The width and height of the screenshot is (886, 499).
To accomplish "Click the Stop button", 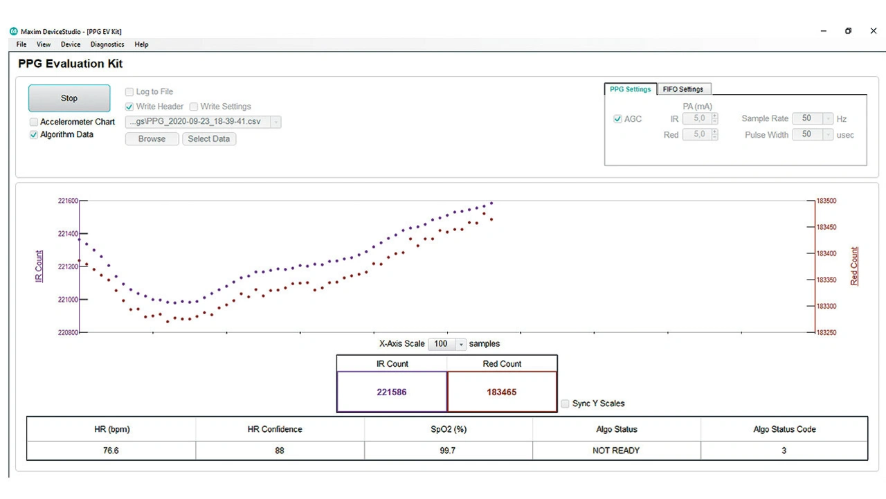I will (x=69, y=98).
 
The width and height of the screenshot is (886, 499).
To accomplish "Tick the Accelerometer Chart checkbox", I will (x=34, y=122).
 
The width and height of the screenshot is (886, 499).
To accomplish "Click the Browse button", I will (x=152, y=138).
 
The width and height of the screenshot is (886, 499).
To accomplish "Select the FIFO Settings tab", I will (x=682, y=89).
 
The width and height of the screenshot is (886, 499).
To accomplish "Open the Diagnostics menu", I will (x=107, y=44).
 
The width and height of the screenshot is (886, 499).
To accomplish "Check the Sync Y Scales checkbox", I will (x=566, y=403).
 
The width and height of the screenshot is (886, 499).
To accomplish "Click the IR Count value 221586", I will (x=392, y=392).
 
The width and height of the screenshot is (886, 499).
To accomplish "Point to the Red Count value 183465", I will (x=502, y=392).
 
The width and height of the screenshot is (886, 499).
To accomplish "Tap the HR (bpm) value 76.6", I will (x=111, y=451).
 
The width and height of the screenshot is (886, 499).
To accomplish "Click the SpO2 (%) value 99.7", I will (x=449, y=451).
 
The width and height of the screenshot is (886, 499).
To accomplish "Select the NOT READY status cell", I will (x=616, y=451).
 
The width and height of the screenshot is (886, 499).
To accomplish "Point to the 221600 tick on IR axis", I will (x=67, y=201).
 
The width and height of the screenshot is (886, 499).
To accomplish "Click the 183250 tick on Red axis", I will (x=826, y=333).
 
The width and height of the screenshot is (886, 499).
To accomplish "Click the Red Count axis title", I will (x=854, y=266).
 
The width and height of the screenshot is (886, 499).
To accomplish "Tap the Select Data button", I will (x=208, y=138).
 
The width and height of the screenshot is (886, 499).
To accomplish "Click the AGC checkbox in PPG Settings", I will (x=617, y=119).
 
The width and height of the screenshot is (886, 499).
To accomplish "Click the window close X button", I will (x=873, y=31).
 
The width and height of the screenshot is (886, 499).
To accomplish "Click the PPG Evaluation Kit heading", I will (x=71, y=64).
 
